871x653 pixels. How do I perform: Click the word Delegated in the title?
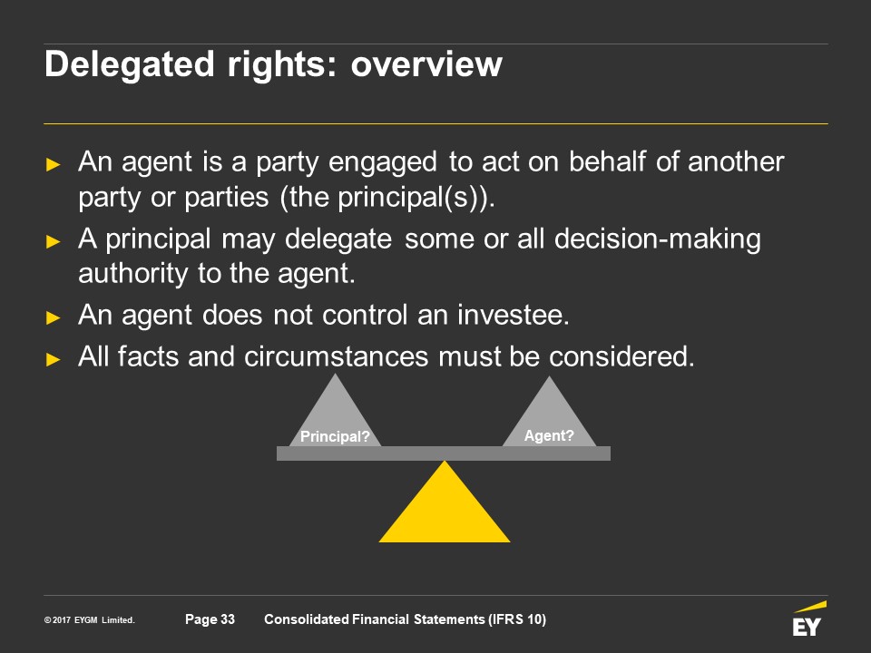click(130, 64)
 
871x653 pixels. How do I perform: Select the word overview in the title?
click(426, 64)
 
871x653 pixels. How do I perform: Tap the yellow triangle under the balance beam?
click(445, 502)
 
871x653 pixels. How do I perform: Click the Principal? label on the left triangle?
click(335, 436)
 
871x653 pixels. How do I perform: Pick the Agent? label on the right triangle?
click(549, 435)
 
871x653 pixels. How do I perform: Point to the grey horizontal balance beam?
click(444, 453)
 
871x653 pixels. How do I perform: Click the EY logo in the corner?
click(809, 619)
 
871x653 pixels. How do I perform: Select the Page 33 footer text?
click(210, 619)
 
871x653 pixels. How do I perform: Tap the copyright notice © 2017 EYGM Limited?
click(90, 619)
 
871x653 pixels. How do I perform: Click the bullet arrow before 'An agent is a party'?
click(53, 164)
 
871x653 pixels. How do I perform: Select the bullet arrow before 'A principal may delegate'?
click(53, 241)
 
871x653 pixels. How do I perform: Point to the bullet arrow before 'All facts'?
click(53, 359)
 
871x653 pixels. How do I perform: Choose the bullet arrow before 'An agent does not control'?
click(53, 317)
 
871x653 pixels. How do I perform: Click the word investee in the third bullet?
click(514, 315)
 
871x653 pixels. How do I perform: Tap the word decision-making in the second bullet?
click(658, 239)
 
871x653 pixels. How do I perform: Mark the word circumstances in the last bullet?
click(336, 356)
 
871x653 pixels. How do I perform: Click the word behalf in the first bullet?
click(607, 161)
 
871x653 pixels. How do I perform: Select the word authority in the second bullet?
click(133, 274)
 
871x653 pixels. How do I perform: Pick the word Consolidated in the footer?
click(306, 619)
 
